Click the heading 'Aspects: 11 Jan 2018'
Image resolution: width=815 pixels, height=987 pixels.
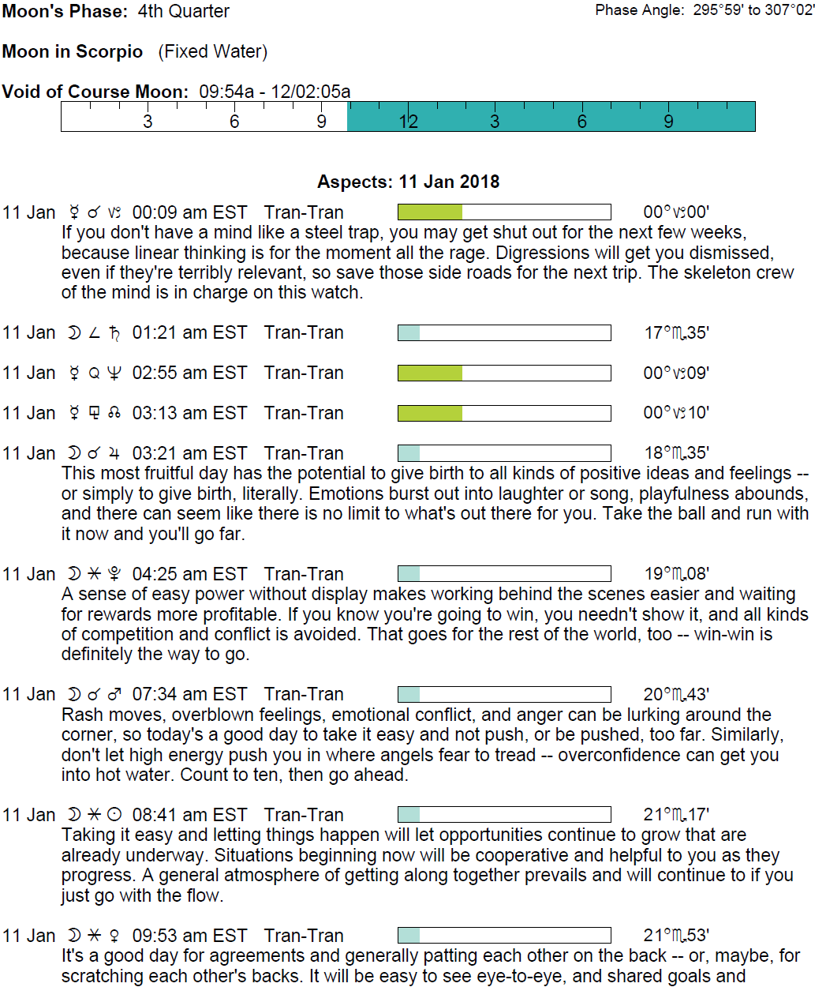pos(408,182)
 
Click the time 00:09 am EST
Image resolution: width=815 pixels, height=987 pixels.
pos(189,212)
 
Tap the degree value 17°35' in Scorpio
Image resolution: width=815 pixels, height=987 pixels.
pos(676,333)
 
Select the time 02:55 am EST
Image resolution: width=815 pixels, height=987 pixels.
pos(189,373)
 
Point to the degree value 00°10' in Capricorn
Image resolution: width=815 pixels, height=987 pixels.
pos(676,413)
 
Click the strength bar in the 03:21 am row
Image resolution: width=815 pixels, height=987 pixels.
pos(504,453)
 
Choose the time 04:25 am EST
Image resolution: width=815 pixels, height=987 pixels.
pos(189,574)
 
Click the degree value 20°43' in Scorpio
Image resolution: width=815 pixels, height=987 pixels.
pos(676,695)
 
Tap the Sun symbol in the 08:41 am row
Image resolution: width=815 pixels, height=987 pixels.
pos(114,815)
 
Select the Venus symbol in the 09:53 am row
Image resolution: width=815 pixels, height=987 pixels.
pos(114,936)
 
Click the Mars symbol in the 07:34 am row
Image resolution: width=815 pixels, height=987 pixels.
pos(114,695)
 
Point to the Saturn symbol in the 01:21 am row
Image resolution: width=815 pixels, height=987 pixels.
pos(114,333)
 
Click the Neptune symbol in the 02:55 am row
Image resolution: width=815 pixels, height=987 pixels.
pos(114,373)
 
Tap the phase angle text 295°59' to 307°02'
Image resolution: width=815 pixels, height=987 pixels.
pos(753,10)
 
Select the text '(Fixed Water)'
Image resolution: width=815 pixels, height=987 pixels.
pos(213,52)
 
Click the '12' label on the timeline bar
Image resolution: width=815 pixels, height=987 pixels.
pos(408,122)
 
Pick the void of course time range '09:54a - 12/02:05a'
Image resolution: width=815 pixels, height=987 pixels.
pos(275,92)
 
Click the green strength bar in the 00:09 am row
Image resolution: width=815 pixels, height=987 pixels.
pos(430,212)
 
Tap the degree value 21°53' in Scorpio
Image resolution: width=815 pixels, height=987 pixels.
pos(676,936)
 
